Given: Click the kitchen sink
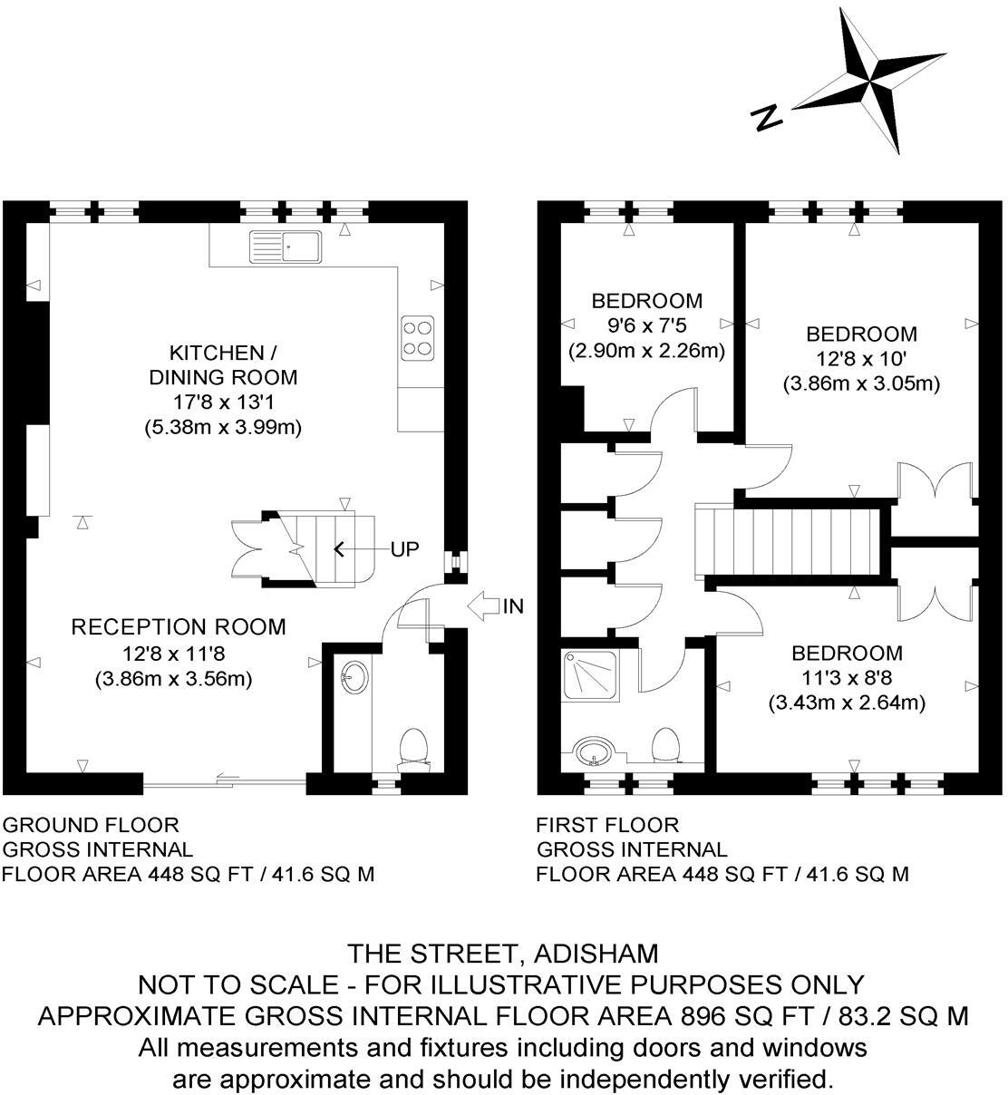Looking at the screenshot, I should click(x=286, y=247).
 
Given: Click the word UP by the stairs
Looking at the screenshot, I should click(x=405, y=549).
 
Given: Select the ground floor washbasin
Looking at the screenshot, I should click(x=354, y=675).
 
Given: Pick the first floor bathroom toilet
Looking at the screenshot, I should click(x=666, y=743).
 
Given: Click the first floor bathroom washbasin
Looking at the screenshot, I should click(x=594, y=751).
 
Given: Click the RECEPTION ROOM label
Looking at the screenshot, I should click(x=179, y=626).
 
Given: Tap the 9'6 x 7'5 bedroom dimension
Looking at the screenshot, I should click(x=646, y=325).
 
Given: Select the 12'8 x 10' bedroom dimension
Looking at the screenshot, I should click(x=861, y=358).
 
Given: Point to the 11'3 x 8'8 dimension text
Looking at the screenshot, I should click(x=847, y=677).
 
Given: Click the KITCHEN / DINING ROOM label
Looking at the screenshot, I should click(x=223, y=364).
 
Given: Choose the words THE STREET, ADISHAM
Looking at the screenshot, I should click(x=503, y=954).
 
